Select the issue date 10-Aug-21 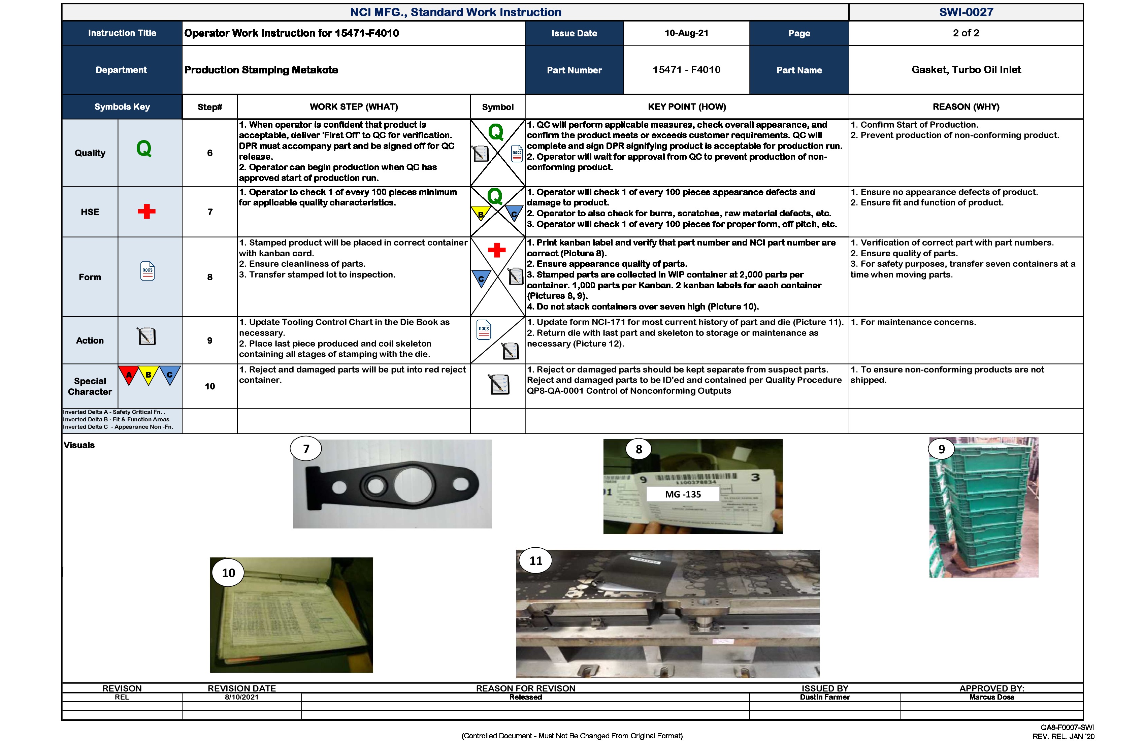[686, 33]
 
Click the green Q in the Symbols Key [144, 149]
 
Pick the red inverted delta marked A [128, 374]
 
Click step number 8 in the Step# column [210, 277]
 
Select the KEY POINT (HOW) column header [687, 107]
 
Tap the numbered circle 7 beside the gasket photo [306, 449]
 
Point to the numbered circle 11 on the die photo [535, 560]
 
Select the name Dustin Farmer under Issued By [825, 697]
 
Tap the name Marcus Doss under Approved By [991, 697]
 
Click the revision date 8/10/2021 [241, 697]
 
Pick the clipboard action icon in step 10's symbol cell [499, 384]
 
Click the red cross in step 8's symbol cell [496, 250]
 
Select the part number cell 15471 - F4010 [686, 70]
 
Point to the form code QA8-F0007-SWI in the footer [1067, 728]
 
